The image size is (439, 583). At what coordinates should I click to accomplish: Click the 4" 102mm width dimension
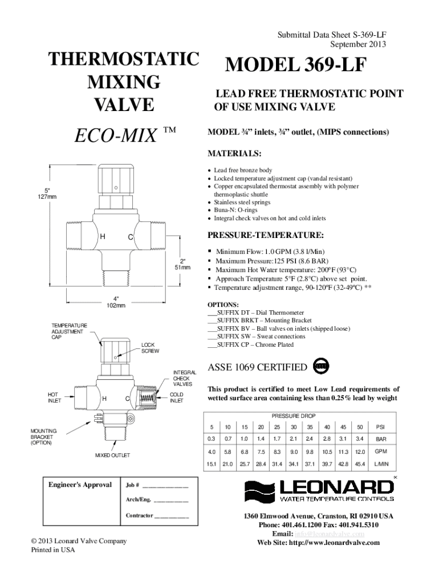click(x=115, y=302)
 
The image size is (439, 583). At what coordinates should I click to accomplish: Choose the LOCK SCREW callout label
click(x=151, y=347)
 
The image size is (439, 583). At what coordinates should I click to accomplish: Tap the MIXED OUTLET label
click(x=112, y=455)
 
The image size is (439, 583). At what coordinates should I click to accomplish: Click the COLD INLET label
click(x=177, y=397)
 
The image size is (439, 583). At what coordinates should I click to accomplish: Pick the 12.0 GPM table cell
click(x=360, y=452)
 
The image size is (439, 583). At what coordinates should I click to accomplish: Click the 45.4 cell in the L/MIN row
click(x=360, y=464)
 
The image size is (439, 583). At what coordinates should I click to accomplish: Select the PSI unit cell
click(x=380, y=427)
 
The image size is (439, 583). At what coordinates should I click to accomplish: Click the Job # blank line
click(x=165, y=486)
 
